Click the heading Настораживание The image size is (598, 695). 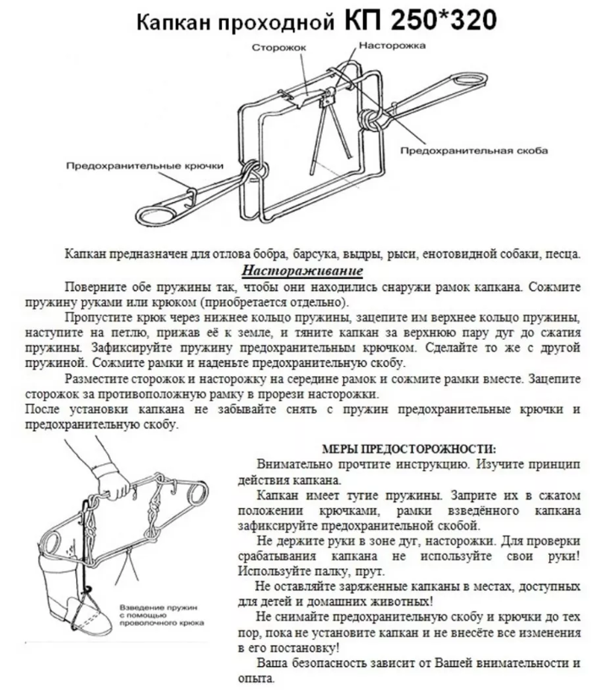pyautogui.click(x=302, y=271)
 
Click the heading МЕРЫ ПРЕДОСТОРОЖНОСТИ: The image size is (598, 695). pyautogui.click(x=410, y=448)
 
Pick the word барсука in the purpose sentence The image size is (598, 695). pyautogui.click(x=355, y=254)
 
